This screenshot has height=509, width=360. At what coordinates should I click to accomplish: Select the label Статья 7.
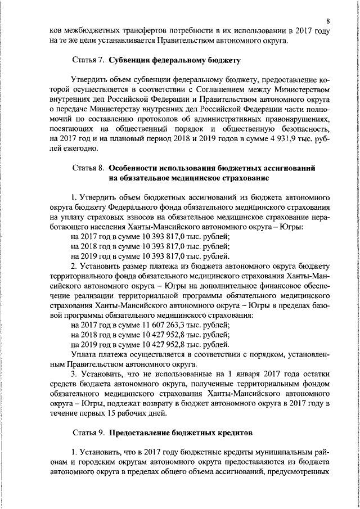click(88, 59)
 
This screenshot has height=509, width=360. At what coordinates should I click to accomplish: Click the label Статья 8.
click(88, 168)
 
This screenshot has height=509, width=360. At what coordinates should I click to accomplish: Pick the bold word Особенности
click(136, 168)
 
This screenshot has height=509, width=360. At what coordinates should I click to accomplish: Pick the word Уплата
click(84, 354)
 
